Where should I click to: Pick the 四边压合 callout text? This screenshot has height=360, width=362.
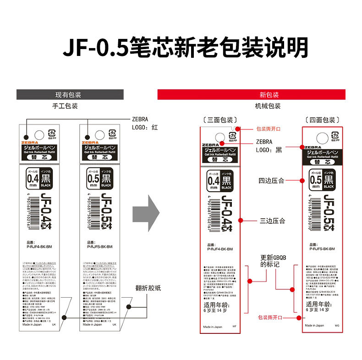pyautogui.click(x=271, y=181)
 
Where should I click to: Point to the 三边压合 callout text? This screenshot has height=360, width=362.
pyautogui.click(x=272, y=221)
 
